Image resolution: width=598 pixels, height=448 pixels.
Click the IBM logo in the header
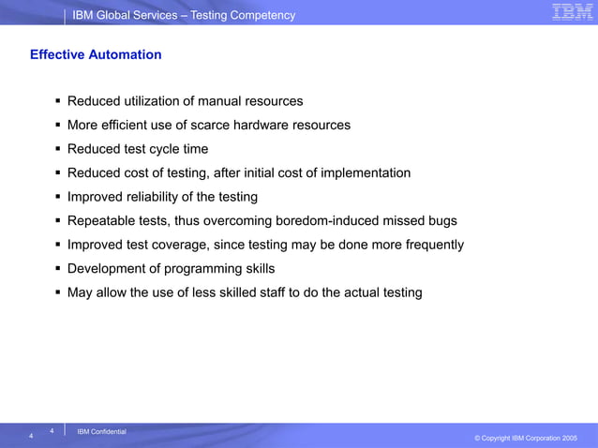[x=572, y=12]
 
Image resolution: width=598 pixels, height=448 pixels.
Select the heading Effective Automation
[x=96, y=54]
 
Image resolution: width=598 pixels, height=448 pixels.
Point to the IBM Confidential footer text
[x=101, y=431]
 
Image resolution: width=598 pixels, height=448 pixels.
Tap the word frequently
[x=430, y=245]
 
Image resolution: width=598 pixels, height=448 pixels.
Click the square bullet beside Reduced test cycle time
[x=58, y=149]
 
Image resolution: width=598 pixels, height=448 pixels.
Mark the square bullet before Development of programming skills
[x=58, y=269]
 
